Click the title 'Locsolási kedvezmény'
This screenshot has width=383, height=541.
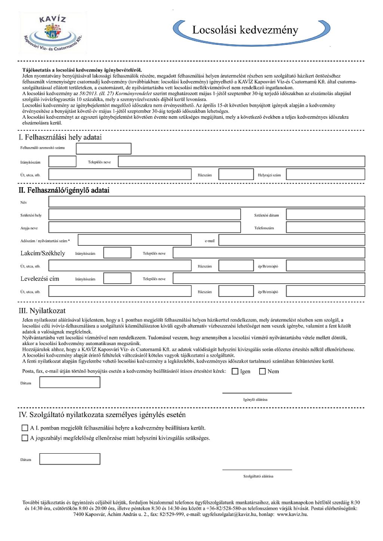click(x=245, y=30)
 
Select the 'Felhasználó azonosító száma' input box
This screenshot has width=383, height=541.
click(x=104, y=148)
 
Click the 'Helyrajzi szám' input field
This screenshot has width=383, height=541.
click(x=325, y=174)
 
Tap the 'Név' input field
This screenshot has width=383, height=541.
click(x=206, y=202)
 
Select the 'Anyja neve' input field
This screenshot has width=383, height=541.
click(x=144, y=227)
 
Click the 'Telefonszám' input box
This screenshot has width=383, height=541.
click(x=325, y=227)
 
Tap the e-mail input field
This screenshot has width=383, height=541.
click(x=291, y=240)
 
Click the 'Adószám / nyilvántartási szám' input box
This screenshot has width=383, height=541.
click(x=134, y=240)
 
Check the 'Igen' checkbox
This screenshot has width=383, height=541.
click(x=235, y=371)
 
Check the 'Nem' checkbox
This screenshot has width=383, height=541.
click(x=262, y=371)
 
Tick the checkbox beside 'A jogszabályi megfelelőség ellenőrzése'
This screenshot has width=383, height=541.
click(x=25, y=438)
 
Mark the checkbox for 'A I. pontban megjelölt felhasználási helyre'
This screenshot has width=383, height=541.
click(x=25, y=428)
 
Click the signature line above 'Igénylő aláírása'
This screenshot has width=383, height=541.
click(x=257, y=392)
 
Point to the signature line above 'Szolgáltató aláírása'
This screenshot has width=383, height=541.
click(x=257, y=469)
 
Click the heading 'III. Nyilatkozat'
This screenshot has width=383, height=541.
click(x=42, y=311)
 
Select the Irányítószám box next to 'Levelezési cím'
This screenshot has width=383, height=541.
click(x=117, y=278)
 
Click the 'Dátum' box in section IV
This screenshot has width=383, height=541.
click(x=70, y=459)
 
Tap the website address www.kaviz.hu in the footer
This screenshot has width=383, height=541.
click(x=292, y=514)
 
